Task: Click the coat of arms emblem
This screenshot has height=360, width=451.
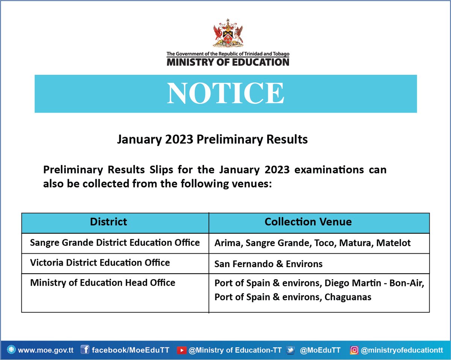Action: coord(227,35)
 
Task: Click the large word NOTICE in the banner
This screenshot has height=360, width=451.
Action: coord(225,93)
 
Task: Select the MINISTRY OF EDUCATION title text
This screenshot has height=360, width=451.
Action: coord(228,62)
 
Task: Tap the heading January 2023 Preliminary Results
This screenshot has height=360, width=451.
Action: coord(212,139)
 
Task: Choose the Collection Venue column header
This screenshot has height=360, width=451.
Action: coord(308,222)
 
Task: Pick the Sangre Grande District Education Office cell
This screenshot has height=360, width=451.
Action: coord(115,243)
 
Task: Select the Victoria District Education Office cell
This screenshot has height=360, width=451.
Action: coord(100,263)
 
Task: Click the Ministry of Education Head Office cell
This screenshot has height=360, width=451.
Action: coord(103,283)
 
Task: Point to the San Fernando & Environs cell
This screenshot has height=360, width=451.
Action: coord(268,264)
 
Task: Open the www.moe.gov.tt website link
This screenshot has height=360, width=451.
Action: coord(45,350)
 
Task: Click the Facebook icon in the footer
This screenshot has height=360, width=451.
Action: coord(85,350)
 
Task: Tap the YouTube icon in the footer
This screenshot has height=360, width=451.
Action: coord(182,350)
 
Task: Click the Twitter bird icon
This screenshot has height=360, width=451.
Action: coord(290,350)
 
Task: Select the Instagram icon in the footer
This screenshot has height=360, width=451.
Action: coord(354,350)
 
